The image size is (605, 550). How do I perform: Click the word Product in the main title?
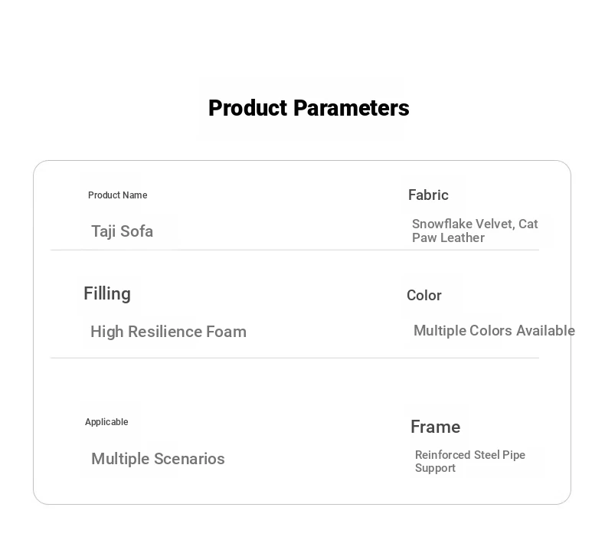pyautogui.click(x=249, y=108)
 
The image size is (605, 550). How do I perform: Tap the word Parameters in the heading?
pyautogui.click(x=352, y=108)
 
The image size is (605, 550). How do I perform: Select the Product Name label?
pyautogui.click(x=118, y=195)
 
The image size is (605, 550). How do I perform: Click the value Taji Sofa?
pyautogui.click(x=123, y=231)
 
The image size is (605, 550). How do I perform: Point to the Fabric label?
pyautogui.click(x=428, y=195)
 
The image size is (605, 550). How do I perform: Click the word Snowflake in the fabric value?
pyautogui.click(x=442, y=224)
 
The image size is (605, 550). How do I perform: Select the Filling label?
pyautogui.click(x=107, y=294)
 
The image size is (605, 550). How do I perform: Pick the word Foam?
pyautogui.click(x=226, y=332)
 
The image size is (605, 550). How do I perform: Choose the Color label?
pyautogui.click(x=424, y=296)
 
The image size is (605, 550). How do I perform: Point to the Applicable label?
pyautogui.click(x=106, y=422)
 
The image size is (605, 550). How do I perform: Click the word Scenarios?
pyautogui.click(x=189, y=459)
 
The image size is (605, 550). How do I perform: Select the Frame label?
pyautogui.click(x=435, y=427)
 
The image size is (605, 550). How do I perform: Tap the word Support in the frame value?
pyautogui.click(x=435, y=468)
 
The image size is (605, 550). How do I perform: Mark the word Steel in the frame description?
pyautogui.click(x=486, y=455)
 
